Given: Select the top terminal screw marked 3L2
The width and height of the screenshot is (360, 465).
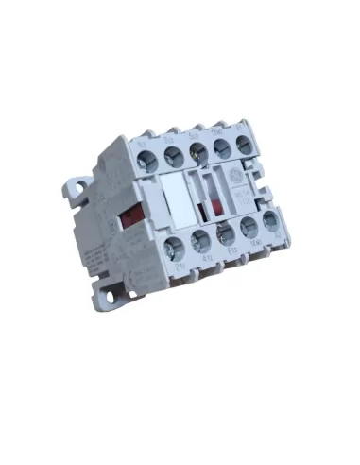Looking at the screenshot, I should point(174,154).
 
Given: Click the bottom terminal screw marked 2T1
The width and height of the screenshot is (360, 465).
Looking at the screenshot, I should point(175,248).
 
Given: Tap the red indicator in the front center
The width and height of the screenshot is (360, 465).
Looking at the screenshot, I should point(214,202).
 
